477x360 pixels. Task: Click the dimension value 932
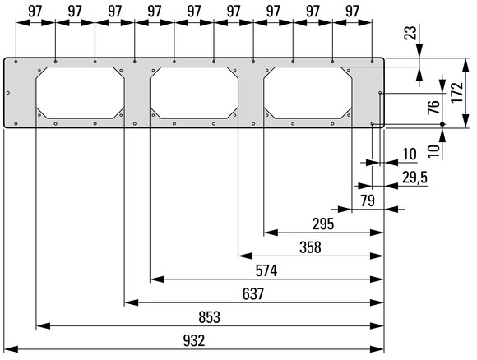[194, 341]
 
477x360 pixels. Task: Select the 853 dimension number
[209, 317]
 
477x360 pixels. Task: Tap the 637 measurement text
[253, 294]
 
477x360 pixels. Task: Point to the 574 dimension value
[266, 271]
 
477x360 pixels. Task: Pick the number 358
[310, 247]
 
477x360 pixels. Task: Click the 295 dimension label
[323, 224]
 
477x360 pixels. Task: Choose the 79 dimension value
[368, 201]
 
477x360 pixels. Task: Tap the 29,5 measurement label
[415, 178]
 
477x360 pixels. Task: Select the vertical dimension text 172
[457, 93]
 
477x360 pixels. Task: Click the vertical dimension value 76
[434, 107]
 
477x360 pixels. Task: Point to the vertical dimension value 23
[410, 33]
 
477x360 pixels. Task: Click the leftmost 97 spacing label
[35, 12]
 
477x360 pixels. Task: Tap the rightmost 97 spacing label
[352, 12]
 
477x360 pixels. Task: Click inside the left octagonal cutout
[80, 93]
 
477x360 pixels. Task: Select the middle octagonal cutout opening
[194, 93]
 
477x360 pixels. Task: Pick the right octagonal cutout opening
[308, 93]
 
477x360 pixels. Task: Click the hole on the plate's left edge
[8, 93]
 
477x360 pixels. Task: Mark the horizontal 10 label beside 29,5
[410, 155]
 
